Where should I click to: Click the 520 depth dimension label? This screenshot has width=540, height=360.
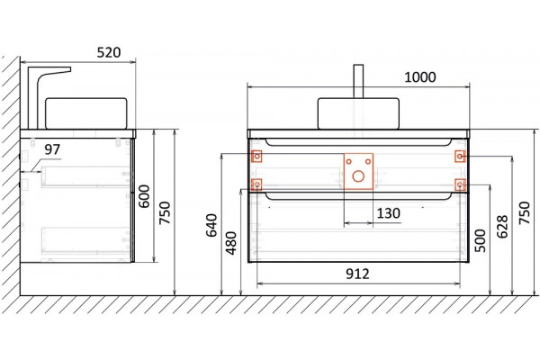pyautogui.click(x=109, y=52)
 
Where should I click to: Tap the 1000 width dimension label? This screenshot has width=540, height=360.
pyautogui.click(x=419, y=77)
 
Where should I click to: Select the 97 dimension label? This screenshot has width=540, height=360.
pyautogui.click(x=52, y=149)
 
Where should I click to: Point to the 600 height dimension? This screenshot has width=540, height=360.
pyautogui.click(x=144, y=196)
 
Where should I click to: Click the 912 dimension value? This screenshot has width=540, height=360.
pyautogui.click(x=357, y=274)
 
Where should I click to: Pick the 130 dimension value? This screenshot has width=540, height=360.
pyautogui.click(x=389, y=213)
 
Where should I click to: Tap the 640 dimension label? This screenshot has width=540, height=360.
pyautogui.click(x=211, y=225)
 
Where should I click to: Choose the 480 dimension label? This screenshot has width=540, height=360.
pyautogui.click(x=231, y=243)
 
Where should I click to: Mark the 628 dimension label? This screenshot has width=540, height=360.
pyautogui.click(x=502, y=227)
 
